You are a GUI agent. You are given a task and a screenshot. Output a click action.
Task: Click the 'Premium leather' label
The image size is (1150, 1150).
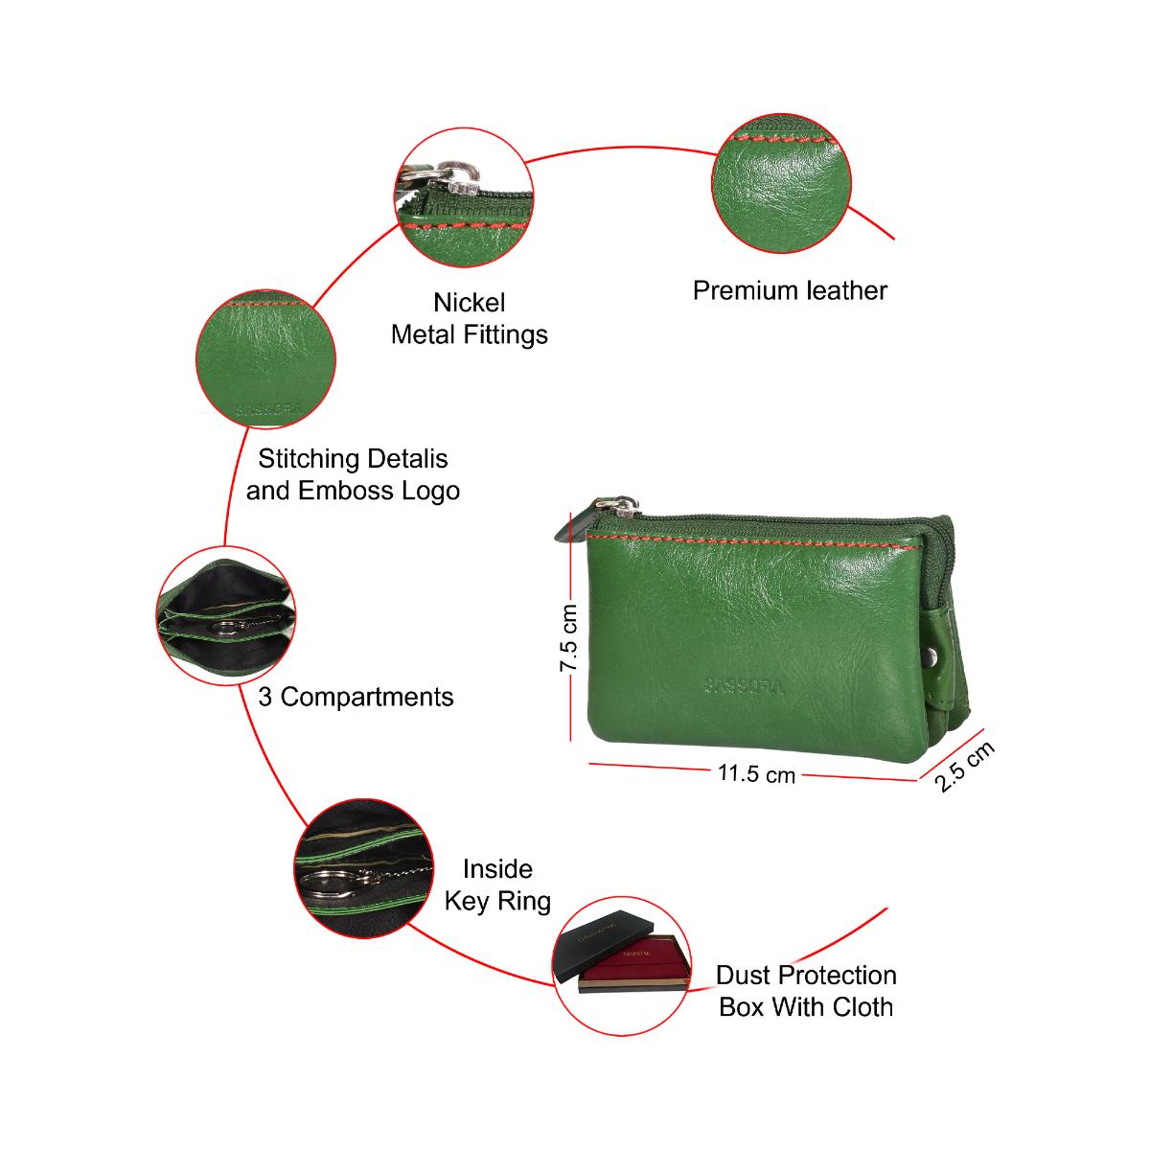(x=790, y=290)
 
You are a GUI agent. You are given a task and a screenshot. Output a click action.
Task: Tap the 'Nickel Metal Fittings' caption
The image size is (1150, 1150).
(x=470, y=318)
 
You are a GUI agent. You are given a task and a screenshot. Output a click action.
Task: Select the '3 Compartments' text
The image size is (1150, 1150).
(x=356, y=697)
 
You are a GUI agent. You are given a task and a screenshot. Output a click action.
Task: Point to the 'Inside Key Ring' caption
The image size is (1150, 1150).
(x=497, y=885)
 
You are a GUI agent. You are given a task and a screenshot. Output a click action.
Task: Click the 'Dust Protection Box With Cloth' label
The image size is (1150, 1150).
(x=806, y=991)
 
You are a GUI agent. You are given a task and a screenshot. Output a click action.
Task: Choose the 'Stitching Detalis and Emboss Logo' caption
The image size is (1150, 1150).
(x=353, y=474)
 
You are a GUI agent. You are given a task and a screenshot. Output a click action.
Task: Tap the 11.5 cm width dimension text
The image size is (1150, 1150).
(x=756, y=773)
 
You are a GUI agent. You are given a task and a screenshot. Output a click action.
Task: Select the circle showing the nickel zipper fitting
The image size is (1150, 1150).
(x=466, y=197)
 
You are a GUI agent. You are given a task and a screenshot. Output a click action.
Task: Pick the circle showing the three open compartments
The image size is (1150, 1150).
(x=225, y=614)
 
